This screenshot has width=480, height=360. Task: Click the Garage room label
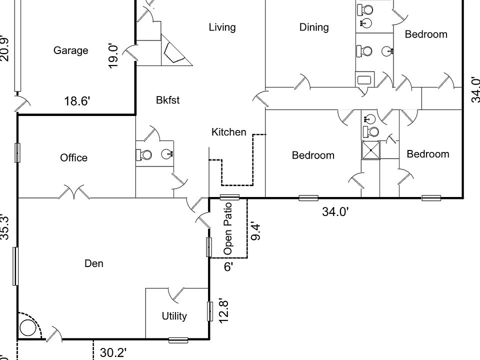click(x=70, y=50)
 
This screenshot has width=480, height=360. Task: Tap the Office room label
click(x=73, y=158)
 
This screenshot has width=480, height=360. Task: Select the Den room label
click(x=94, y=263)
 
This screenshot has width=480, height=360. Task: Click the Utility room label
click(x=174, y=316)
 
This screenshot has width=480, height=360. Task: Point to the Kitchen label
click(x=229, y=132)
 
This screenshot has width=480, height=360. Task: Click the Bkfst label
click(x=167, y=100)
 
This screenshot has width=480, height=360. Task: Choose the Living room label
click(x=222, y=27)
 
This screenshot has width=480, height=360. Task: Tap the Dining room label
click(x=314, y=27)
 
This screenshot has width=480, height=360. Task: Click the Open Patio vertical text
click(x=228, y=228)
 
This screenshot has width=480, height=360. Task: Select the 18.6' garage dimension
click(x=77, y=101)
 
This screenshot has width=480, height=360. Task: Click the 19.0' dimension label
click(x=113, y=55)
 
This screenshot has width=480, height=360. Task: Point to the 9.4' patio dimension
click(x=256, y=230)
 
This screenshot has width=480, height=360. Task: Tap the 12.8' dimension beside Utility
click(x=224, y=310)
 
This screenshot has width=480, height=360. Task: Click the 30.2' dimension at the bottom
click(x=113, y=353)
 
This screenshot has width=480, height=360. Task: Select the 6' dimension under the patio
click(x=228, y=266)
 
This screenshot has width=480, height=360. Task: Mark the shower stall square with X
click(x=371, y=150)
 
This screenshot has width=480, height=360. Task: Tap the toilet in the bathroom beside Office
click(x=144, y=155)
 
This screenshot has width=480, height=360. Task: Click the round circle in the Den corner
click(x=28, y=328)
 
